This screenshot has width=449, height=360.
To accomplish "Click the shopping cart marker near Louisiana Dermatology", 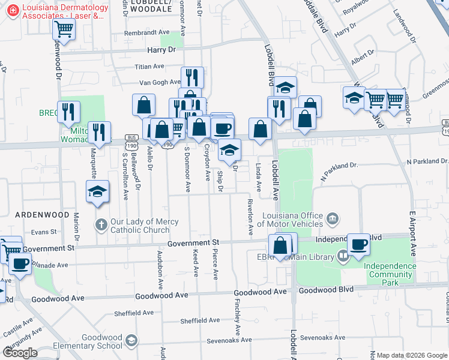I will (64, 28).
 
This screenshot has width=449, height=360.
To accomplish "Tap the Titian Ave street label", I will (149, 67).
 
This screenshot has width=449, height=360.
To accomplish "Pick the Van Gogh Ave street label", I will (160, 82).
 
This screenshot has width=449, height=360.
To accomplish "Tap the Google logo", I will (20, 353).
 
